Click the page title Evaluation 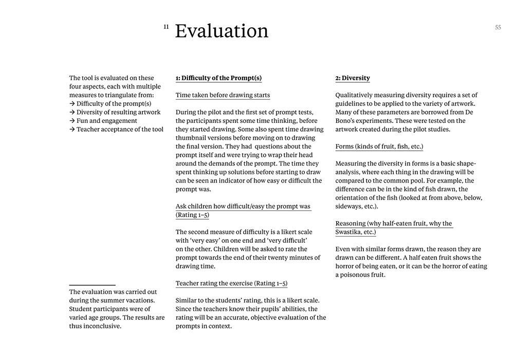[222, 31]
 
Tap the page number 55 [498, 28]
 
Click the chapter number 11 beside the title [166, 26]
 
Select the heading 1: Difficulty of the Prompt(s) [218, 78]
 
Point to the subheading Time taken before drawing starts [223, 95]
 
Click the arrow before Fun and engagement [72, 121]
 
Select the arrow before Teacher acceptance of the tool [72, 130]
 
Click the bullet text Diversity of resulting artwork [118, 112]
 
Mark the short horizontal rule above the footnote [92, 284]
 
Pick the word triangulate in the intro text [124, 95]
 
